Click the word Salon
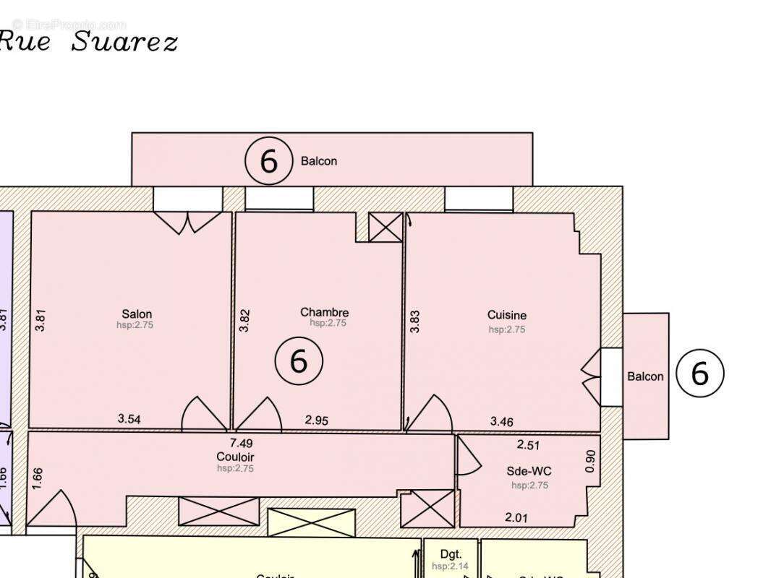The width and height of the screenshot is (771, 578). point(137,314)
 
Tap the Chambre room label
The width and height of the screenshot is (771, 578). point(325,312)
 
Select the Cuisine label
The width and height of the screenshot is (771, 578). point(506,315)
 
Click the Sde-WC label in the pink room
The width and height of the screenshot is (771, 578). point(529,471)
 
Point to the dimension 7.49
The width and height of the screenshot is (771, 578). point(241,444)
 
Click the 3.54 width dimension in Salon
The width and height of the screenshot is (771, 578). point(129,418)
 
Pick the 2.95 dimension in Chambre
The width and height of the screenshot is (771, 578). point(317,419)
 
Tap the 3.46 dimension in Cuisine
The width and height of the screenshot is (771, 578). point(502,420)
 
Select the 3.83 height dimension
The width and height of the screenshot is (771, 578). point(415,321)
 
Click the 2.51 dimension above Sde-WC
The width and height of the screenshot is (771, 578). point(528,445)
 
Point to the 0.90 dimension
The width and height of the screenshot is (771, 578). point(590,462)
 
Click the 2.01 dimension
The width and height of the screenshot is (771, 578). point(516,517)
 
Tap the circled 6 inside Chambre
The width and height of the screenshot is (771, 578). point(299,361)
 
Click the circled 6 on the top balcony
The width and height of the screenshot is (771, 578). point(268,161)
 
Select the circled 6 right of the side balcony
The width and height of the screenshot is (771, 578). point(699,373)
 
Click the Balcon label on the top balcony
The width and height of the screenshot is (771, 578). point(319,160)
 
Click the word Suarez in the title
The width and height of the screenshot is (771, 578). point(124,41)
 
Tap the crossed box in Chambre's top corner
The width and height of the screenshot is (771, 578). point(385,227)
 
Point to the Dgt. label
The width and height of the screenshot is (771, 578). point(451,554)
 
